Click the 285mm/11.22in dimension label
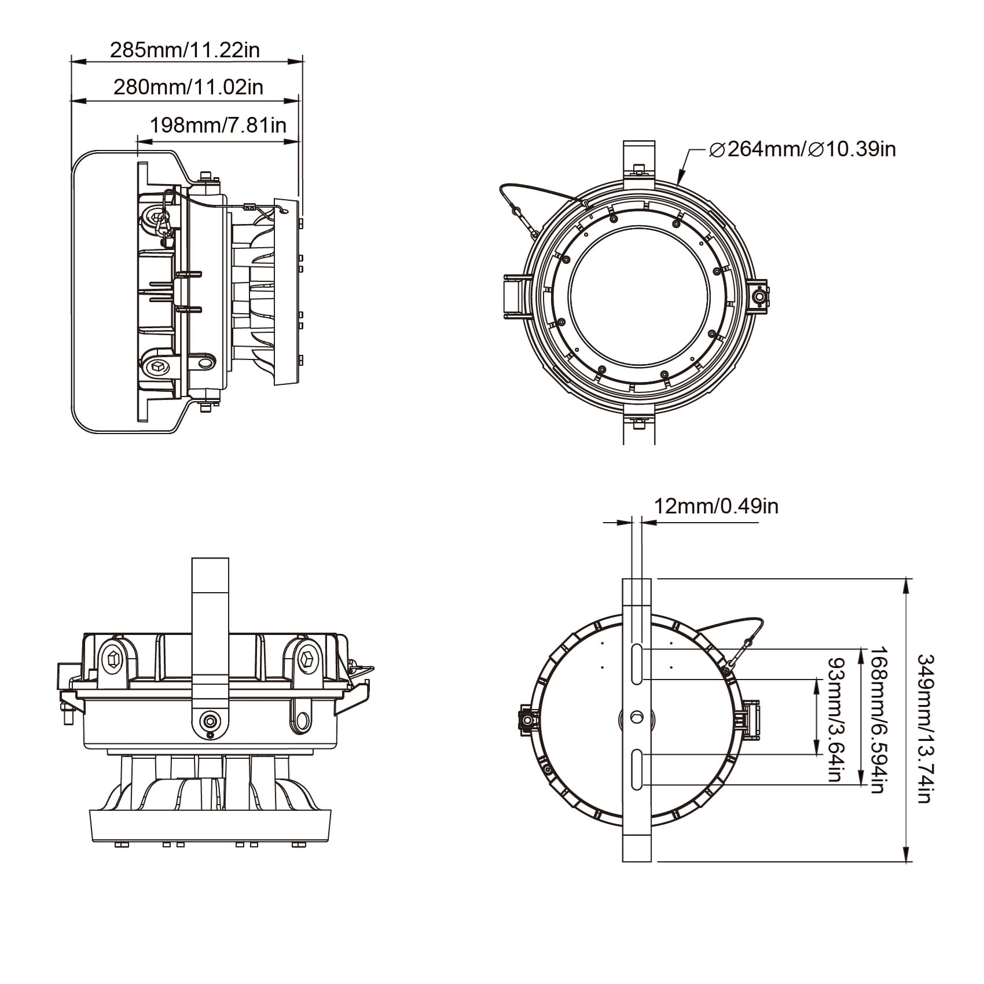tap(185, 50)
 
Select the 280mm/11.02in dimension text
tap(188, 87)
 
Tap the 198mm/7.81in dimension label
tap(218, 124)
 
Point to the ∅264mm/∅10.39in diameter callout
tap(803, 149)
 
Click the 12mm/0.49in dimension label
tap(716, 506)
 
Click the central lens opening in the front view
tap(639, 295)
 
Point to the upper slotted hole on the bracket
tap(637, 664)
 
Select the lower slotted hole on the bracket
tap(637, 769)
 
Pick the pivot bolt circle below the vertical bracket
tap(209, 721)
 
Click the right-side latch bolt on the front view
tap(759, 296)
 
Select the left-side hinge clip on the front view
tap(514, 296)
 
